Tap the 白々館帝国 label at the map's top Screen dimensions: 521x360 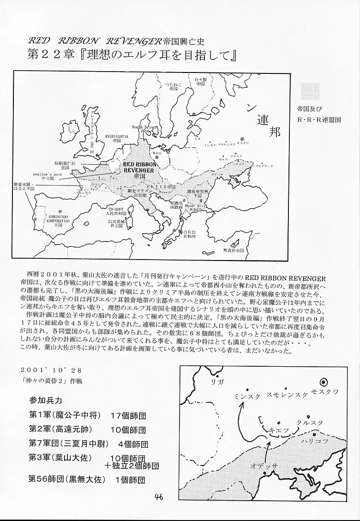click(200, 82)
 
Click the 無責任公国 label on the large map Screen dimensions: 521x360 click(232, 250)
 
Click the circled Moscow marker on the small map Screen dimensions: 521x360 click(324, 382)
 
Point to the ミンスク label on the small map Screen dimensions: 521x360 click(248, 395)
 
